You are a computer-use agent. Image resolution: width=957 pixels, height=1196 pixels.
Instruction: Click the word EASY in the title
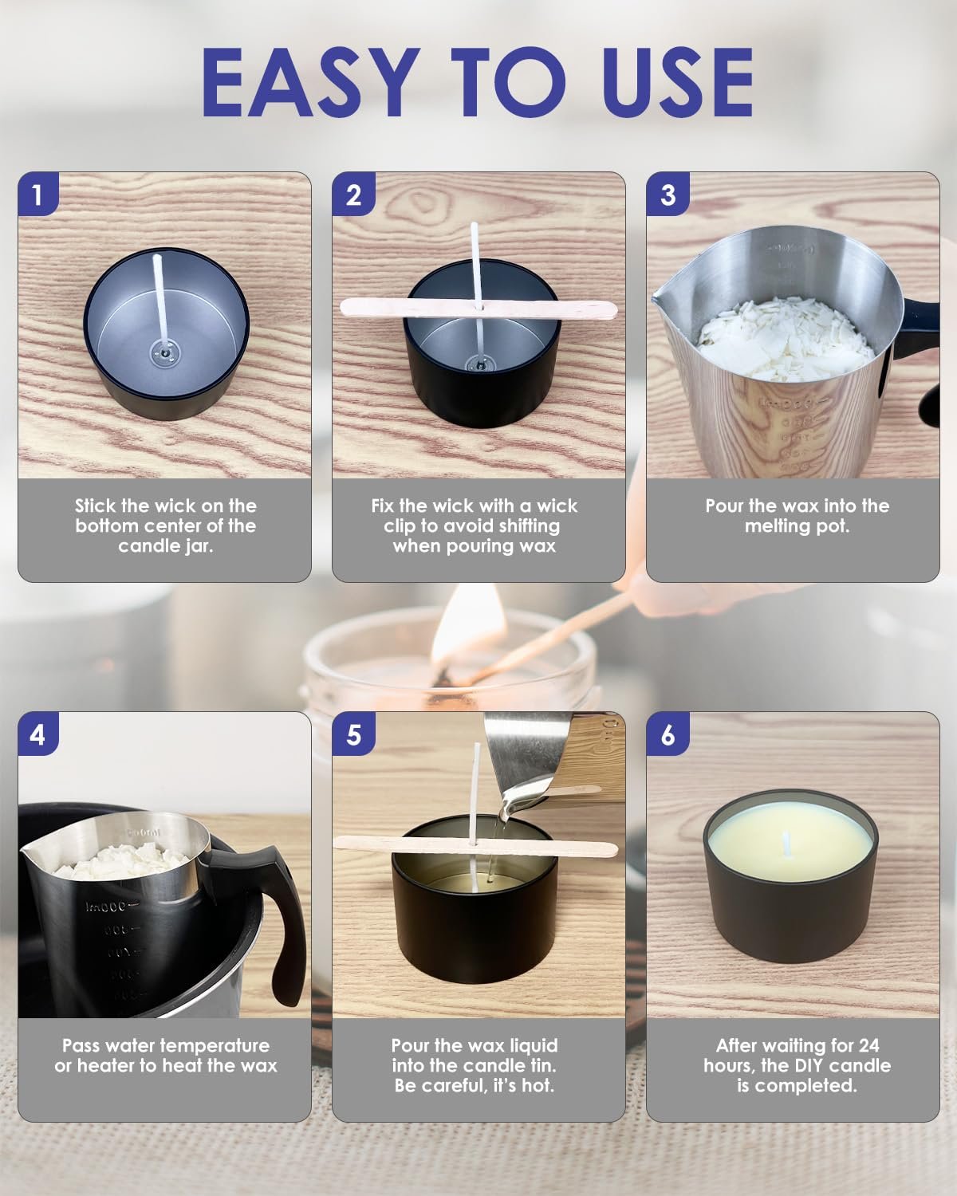(310, 82)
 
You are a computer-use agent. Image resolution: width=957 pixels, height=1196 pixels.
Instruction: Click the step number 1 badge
(37, 194)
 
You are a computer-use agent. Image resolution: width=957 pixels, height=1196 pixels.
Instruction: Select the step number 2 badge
(353, 194)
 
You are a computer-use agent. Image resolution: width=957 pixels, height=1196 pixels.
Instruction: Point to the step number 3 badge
(668, 194)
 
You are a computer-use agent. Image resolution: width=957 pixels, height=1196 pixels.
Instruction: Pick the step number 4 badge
(37, 734)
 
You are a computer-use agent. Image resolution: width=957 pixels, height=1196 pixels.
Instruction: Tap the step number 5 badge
(353, 734)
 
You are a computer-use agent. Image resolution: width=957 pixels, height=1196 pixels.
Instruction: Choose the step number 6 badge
(668, 734)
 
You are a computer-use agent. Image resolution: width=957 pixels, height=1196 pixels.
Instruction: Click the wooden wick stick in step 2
(478, 308)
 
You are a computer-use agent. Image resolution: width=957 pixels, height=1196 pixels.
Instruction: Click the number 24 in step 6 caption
(868, 1045)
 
